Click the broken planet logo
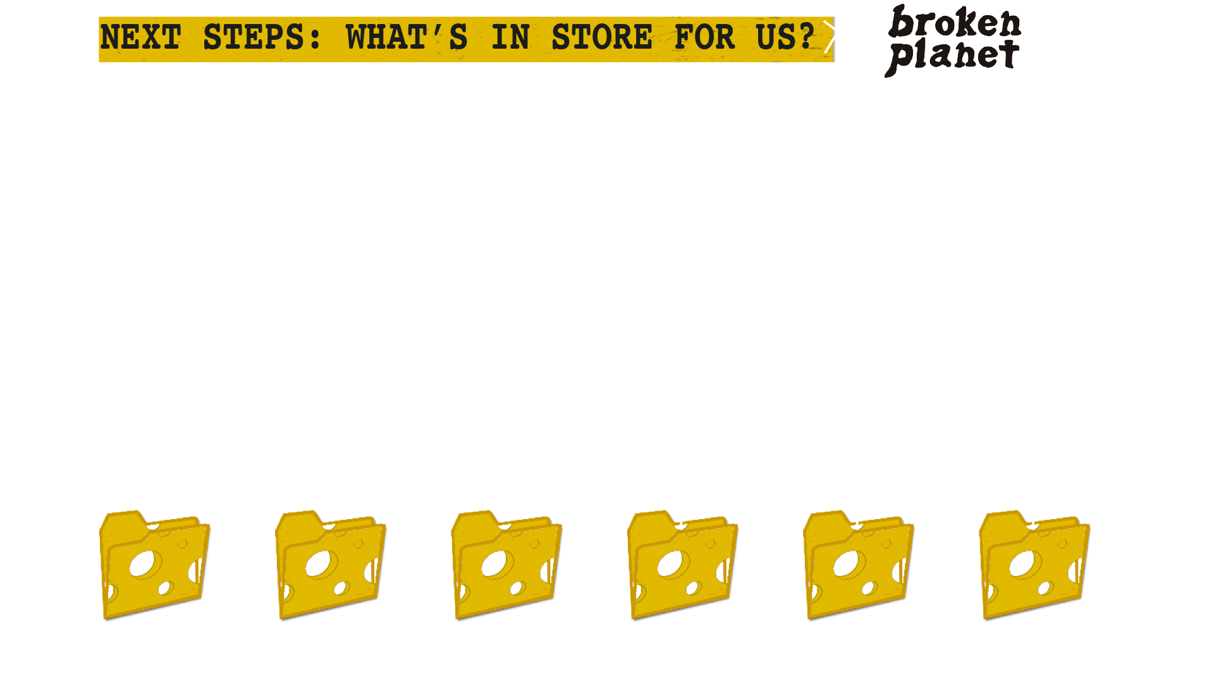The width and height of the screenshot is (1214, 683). [x=950, y=42]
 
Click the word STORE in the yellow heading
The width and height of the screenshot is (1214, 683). [x=601, y=38]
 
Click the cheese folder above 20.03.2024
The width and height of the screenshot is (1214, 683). [x=155, y=565]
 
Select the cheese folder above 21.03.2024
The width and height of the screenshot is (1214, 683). [x=331, y=565]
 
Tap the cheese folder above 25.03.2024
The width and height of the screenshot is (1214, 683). [x=507, y=565]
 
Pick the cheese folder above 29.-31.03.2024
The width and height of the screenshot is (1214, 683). [x=683, y=565]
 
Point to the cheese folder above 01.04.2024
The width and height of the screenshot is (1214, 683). [x=859, y=565]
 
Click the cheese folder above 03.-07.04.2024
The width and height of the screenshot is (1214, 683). [x=1035, y=565]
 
